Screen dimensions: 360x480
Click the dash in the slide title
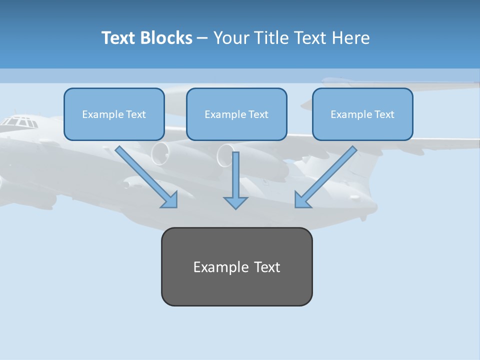tap(202, 38)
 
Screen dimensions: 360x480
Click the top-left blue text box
tap(114, 114)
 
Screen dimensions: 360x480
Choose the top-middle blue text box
tap(236, 114)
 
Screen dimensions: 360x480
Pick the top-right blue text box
tap(362, 114)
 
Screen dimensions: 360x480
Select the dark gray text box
tap(236, 266)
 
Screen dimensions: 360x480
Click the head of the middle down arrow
tap(235, 202)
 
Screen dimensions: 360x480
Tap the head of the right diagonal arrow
tap(302, 200)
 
